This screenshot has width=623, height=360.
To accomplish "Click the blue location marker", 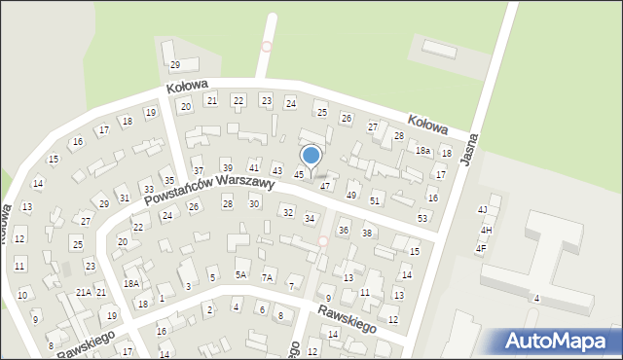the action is tap(311, 156).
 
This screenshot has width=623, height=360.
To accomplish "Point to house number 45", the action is tap(299, 174).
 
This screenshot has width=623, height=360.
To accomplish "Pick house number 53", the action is tap(422, 217).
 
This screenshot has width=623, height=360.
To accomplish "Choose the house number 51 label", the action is tap(375, 199).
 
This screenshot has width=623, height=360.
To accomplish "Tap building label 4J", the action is tap(482, 209).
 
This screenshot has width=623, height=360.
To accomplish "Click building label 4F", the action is tap(480, 248).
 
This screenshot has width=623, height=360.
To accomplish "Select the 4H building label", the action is tap(486, 230).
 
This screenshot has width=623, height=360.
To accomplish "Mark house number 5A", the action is tap(241, 275).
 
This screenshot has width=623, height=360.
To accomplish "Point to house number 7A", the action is tap(268, 277).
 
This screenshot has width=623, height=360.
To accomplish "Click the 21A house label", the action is tap(84, 292).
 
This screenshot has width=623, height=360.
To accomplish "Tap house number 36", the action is tap(343, 230).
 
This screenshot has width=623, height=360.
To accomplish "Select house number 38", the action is tap(367, 233).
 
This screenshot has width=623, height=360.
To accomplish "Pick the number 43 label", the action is tap(277, 171).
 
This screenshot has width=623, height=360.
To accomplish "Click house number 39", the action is tap(227, 167).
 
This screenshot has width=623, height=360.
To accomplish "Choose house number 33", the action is tap(148, 189).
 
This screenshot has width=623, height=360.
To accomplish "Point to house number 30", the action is tap(254, 203).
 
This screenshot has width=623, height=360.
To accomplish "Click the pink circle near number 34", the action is tap(322, 241).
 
